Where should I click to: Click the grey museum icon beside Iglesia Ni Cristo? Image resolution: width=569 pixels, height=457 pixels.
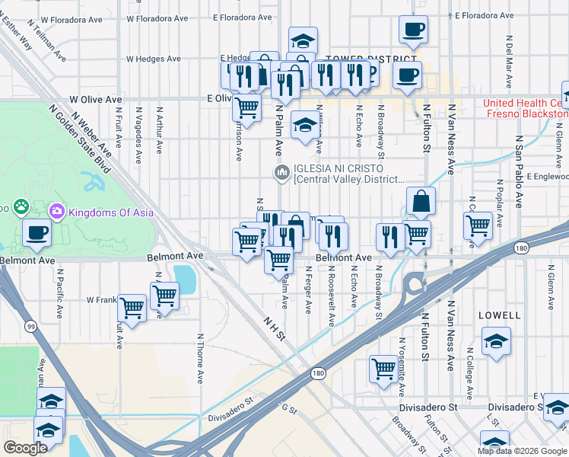[x=282, y=174]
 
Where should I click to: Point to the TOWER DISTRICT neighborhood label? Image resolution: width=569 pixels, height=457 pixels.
[x=362, y=58]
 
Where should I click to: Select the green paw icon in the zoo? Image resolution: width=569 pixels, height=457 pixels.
[x=21, y=206]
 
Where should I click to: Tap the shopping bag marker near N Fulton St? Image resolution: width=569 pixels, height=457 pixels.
[x=420, y=202]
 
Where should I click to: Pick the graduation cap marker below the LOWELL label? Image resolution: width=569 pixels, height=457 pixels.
[x=496, y=340]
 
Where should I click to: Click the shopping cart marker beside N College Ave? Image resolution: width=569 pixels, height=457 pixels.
[x=478, y=225]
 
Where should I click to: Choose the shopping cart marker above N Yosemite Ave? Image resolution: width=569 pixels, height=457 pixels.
[x=384, y=369]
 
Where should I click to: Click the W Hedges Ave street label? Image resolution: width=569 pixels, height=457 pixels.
[x=153, y=59]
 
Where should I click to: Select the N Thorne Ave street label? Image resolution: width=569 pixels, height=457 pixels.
[x=200, y=358]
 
